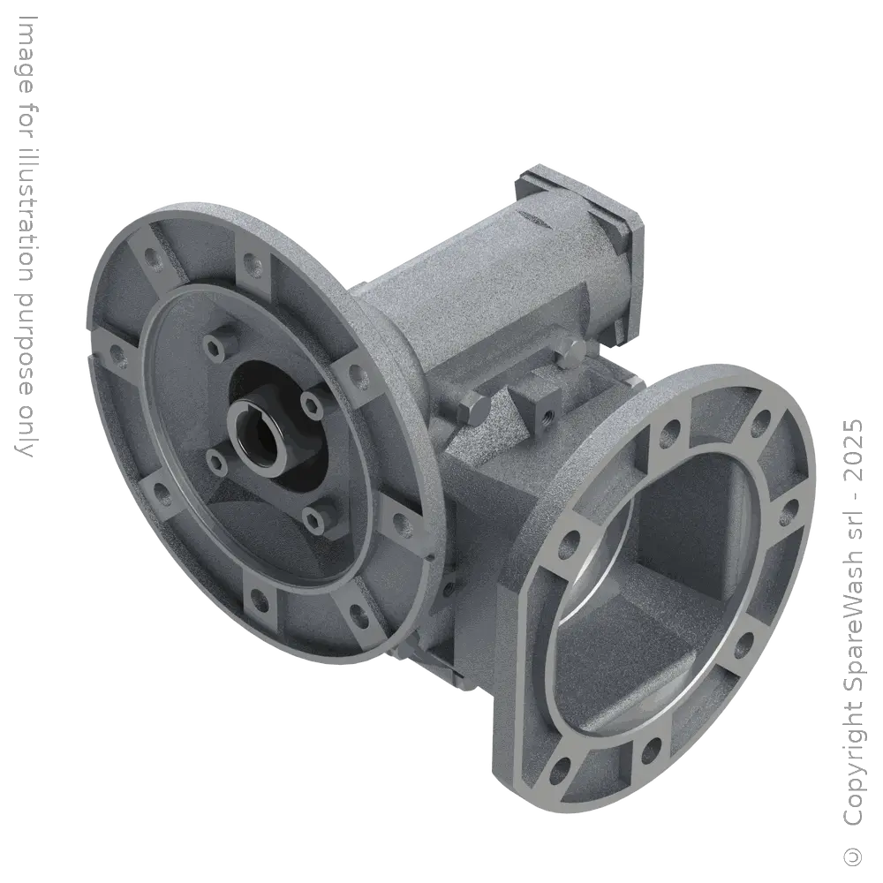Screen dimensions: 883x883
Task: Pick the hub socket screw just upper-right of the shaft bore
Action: click(x=310, y=403)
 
